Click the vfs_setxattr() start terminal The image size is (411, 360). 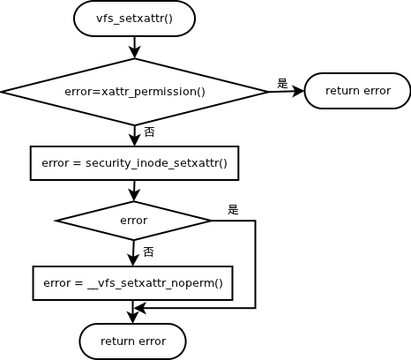click(x=134, y=19)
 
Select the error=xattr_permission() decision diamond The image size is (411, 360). click(x=134, y=91)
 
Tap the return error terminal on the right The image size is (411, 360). click(x=357, y=91)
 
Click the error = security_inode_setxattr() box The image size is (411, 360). click(x=134, y=163)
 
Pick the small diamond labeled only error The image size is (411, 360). click(x=134, y=220)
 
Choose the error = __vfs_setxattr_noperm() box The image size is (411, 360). click(x=132, y=283)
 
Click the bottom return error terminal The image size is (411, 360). click(x=132, y=341)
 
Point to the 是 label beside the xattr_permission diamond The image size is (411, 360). click(x=282, y=83)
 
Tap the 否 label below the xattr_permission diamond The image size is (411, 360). click(x=149, y=131)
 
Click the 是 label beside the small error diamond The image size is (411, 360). click(x=233, y=209)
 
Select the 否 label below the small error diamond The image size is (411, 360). click(x=148, y=251)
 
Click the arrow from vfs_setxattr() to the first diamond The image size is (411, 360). click(x=134, y=48)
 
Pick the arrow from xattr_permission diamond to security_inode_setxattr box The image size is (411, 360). click(x=134, y=136)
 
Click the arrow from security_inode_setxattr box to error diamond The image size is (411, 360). click(x=134, y=191)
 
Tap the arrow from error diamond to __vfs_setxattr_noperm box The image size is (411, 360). click(x=134, y=253)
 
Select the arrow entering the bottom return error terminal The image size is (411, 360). click(x=132, y=312)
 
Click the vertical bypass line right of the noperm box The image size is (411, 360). click(x=255, y=265)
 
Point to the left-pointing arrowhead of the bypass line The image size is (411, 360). click(x=139, y=308)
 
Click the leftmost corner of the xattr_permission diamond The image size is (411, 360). click(x=3, y=91)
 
